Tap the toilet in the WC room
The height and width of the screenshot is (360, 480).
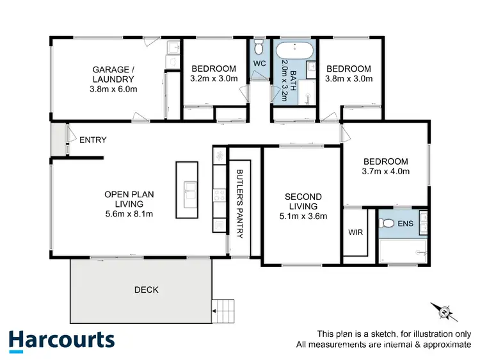259,47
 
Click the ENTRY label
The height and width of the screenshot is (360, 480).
93,140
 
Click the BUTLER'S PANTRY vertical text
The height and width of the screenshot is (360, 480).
239,204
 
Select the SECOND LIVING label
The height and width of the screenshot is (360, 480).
303,201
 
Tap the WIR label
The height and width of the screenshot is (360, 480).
355,233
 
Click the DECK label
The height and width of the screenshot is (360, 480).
147,290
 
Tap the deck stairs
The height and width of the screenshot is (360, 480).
224,312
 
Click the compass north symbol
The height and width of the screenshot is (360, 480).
443,313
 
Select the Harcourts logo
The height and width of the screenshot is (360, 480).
61,340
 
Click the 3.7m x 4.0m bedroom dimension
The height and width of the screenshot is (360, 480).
386,171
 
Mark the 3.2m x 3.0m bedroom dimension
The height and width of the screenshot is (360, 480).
214,79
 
